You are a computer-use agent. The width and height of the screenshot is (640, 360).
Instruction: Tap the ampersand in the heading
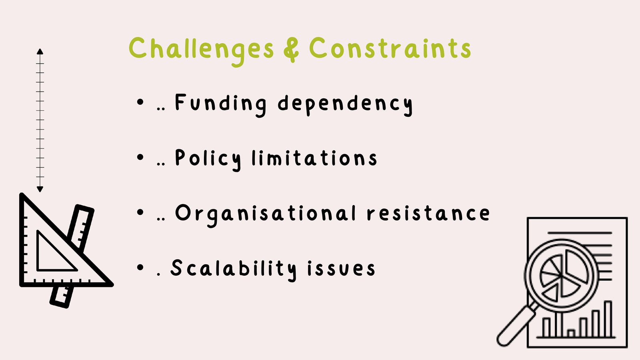291,49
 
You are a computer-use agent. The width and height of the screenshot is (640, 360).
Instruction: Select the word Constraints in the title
390,48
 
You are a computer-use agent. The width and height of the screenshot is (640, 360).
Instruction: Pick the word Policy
208,160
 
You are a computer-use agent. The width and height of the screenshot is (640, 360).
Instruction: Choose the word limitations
314,158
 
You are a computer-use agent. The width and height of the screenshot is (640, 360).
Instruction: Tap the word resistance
428,214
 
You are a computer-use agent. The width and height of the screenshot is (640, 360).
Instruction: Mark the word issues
341,268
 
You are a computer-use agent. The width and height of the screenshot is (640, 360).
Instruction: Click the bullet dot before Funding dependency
140,102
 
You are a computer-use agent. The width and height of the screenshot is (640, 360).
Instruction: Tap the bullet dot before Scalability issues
140,268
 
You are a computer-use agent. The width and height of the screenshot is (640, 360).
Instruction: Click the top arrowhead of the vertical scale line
40,52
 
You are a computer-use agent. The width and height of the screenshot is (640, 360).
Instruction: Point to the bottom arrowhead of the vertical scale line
40,189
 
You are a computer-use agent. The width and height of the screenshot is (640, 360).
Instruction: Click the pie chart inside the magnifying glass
562,275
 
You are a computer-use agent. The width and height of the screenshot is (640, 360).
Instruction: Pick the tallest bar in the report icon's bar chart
608,319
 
